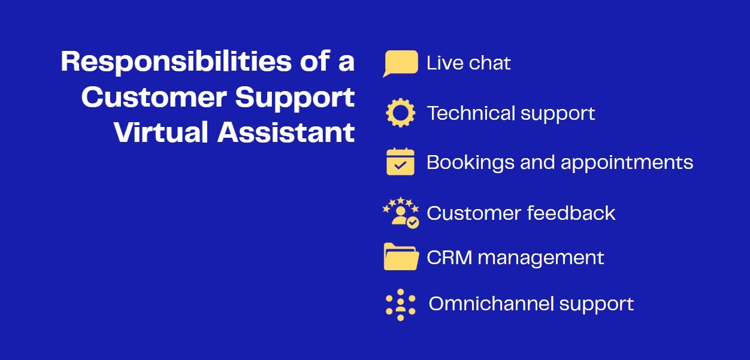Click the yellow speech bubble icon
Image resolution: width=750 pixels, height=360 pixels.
(400, 63)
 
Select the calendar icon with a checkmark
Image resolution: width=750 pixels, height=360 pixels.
(400, 161)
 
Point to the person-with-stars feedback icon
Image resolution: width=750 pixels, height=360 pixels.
(401, 213)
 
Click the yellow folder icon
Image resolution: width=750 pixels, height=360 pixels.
(401, 256)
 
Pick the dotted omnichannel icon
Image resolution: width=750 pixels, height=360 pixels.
(400, 305)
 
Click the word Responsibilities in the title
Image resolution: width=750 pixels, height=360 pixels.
(176, 62)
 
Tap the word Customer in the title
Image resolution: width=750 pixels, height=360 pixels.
(155, 97)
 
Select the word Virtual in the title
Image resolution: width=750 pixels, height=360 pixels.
(161, 132)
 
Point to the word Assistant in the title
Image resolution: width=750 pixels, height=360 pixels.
(286, 132)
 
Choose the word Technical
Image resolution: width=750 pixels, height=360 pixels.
(471, 113)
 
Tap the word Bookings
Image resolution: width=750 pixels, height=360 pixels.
(470, 163)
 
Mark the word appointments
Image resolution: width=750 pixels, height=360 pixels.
(627, 163)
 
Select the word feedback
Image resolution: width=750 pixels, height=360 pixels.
(571, 213)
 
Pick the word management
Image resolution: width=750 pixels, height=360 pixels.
(541, 259)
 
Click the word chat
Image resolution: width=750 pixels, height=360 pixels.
(489, 63)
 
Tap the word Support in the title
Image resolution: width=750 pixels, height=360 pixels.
(295, 98)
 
